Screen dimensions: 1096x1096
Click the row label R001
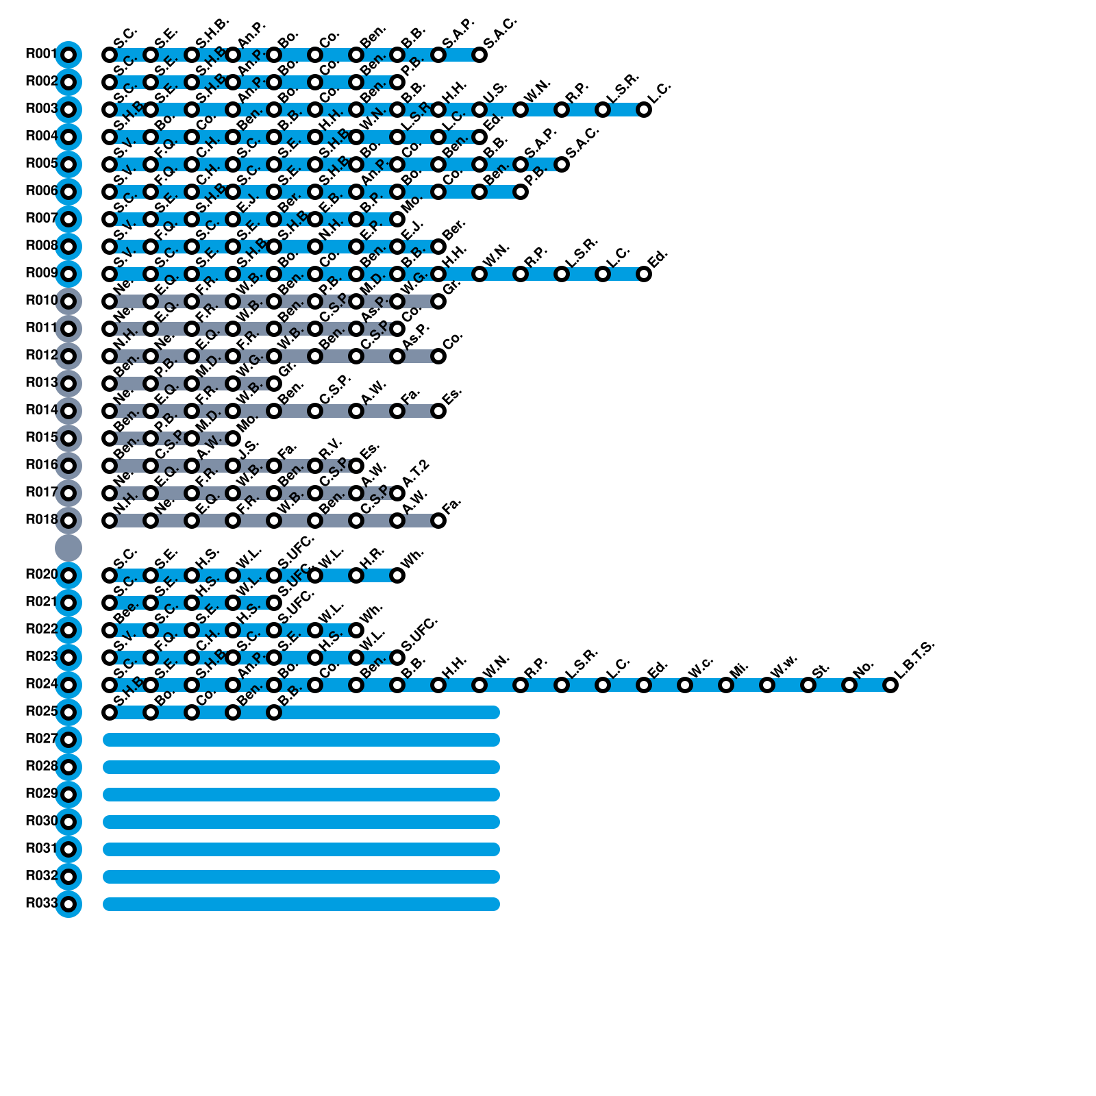40,54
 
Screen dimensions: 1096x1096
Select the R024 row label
40,684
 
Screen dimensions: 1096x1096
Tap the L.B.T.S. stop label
914,661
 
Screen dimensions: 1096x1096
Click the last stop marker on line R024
890,684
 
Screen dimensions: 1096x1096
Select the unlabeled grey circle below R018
68,547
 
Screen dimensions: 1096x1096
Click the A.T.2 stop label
415,475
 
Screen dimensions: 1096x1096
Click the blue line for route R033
301,904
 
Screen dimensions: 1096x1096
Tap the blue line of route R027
301,739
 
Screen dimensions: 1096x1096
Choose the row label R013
40,383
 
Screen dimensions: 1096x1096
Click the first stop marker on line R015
110,438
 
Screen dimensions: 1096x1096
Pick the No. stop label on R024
864,667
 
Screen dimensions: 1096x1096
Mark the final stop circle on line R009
643,273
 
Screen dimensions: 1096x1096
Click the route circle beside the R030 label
68,821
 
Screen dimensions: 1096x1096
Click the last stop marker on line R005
561,164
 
